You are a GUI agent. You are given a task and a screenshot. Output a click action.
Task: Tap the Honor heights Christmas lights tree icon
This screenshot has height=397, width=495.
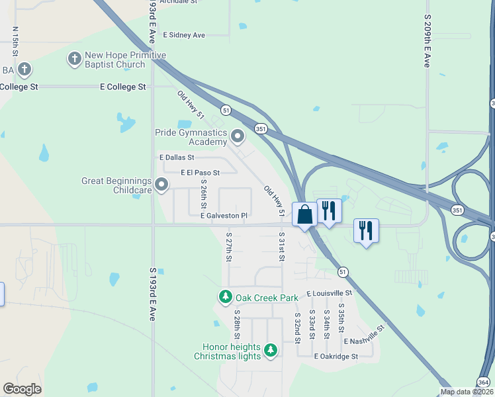click(270, 350)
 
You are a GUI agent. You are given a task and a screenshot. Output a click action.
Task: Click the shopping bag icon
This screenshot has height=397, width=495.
click(304, 215)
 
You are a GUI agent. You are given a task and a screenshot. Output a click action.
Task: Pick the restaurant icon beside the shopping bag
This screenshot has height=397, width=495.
click(329, 210)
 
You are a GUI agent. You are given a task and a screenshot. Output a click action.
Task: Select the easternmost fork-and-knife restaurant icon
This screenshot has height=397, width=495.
click(366, 231)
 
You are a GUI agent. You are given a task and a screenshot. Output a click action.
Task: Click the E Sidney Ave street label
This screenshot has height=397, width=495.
click(184, 34)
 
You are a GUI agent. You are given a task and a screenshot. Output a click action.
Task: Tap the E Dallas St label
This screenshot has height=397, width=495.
click(177, 157)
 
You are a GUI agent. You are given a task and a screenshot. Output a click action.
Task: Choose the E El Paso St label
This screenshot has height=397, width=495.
click(200, 173)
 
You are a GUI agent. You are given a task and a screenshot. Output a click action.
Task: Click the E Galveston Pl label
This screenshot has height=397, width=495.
click(224, 215)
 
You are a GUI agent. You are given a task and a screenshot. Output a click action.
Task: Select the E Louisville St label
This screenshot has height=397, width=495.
click(331, 292)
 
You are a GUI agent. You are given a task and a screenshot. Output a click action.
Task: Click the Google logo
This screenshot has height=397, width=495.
click(22, 389)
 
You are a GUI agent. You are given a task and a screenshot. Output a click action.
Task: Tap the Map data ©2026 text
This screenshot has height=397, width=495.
click(467, 392)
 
